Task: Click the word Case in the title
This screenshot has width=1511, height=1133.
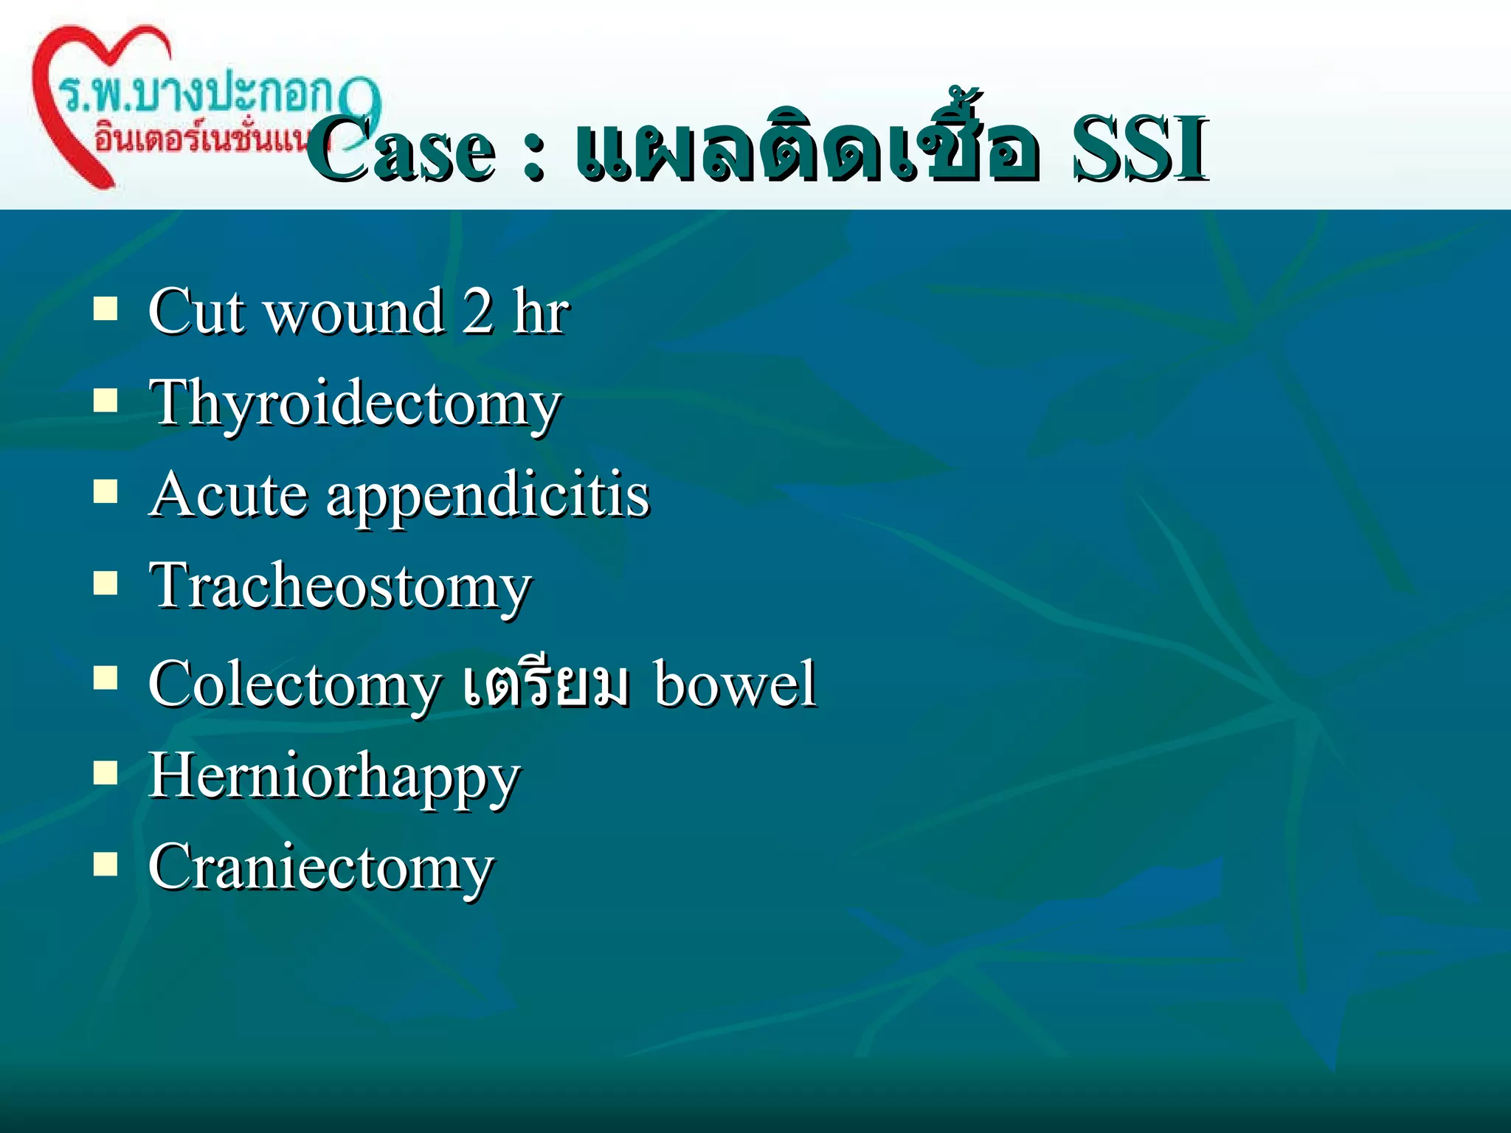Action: click(x=402, y=151)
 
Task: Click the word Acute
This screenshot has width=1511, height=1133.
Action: click(x=228, y=495)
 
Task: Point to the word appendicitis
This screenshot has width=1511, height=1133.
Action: click(x=488, y=498)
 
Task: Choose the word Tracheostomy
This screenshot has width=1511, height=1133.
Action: click(x=340, y=587)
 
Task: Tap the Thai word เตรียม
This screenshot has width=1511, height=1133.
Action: click(x=547, y=682)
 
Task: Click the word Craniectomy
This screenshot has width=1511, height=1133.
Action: click(x=321, y=868)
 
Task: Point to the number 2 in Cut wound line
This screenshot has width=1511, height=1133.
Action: click(x=478, y=312)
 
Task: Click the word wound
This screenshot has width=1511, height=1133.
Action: click(x=354, y=313)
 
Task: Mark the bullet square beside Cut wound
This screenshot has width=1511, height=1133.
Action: click(x=106, y=309)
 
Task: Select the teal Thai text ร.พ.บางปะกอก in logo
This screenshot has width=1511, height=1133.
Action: click(x=196, y=96)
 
